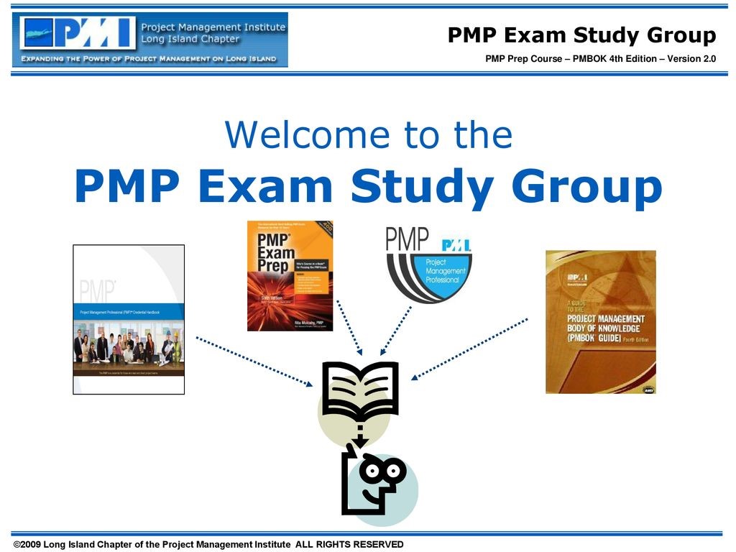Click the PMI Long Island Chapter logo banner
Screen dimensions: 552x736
150,40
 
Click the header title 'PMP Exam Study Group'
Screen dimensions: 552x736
581,35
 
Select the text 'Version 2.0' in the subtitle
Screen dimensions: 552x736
691,58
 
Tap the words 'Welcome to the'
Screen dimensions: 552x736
369,134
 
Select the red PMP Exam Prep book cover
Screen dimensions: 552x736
290,275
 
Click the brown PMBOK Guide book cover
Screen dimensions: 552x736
601,321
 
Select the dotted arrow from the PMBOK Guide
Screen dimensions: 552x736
470,348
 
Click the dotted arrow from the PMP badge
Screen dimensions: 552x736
395,331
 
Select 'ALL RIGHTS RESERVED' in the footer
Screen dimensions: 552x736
349,544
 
